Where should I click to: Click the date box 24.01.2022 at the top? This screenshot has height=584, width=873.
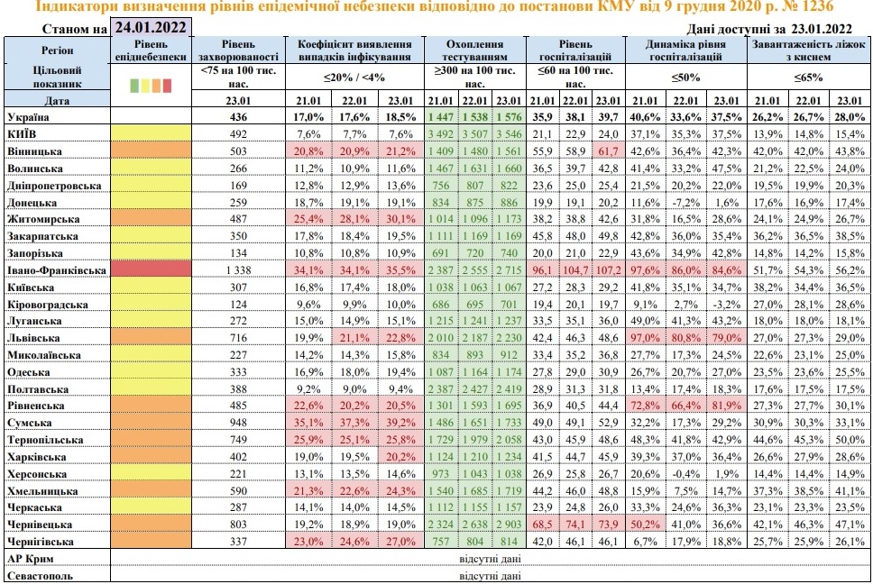150,27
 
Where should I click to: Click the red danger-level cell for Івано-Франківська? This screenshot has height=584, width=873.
152,269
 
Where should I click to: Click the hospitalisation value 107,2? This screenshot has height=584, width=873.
609,269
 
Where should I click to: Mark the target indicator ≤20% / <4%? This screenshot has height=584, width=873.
354,78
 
